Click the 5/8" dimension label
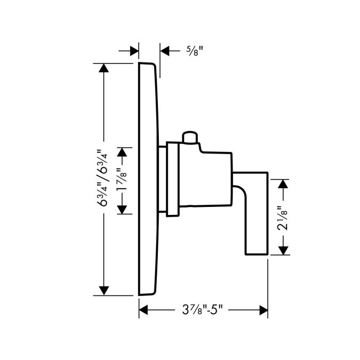pyautogui.click(x=195, y=51)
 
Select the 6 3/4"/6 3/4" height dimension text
pyautogui.click(x=102, y=178)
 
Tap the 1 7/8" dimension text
pyautogui.click(x=121, y=180)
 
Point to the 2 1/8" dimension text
pyautogui.click(x=282, y=218)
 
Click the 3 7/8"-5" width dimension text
pyautogui.click(x=202, y=310)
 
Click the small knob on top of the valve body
pyautogui.click(x=190, y=137)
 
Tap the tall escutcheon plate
pyautogui.click(x=148, y=179)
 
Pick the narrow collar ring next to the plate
pyautogui.click(x=173, y=179)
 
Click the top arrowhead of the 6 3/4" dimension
pyautogui.click(x=103, y=68)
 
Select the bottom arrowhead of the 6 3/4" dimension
pyautogui.click(x=104, y=291)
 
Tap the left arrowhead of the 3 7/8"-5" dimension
pyautogui.click(x=143, y=310)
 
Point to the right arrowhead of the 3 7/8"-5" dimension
pyautogui.click(x=263, y=310)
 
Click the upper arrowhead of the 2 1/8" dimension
pyautogui.click(x=283, y=184)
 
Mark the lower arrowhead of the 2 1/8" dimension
pyautogui.click(x=283, y=250)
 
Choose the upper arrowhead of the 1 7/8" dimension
pyautogui.click(x=122, y=152)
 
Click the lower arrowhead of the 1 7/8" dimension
pyautogui.click(x=122, y=210)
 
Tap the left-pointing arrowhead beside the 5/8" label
pyautogui.click(x=165, y=51)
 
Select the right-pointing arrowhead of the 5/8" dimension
pyautogui.click(x=134, y=51)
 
